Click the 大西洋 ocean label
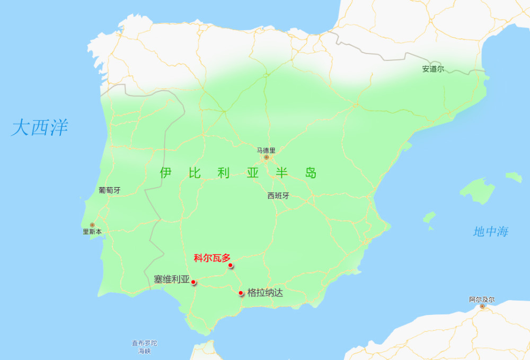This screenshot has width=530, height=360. click(40, 128)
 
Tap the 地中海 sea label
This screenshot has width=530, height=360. click(491, 231)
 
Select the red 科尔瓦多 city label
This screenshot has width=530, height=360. click(213, 258)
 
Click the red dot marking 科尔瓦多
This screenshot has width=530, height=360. click(231, 265)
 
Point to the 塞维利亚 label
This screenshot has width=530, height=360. click(171, 279)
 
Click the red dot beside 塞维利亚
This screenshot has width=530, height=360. click(193, 282)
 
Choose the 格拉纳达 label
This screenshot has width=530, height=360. click(265, 292)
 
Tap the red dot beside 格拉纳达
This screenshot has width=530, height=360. click(241, 293)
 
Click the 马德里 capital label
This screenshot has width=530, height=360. click(267, 150)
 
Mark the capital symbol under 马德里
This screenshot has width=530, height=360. click(267, 157)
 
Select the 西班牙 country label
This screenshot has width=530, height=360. click(278, 196)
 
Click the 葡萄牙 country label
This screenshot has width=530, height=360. click(109, 190)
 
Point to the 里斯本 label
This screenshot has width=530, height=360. click(92, 232)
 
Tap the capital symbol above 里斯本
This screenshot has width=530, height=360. click(92, 225)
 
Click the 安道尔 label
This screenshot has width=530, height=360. click(433, 69)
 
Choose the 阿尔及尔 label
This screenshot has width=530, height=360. click(482, 300)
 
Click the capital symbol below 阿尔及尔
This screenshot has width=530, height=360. click(482, 306)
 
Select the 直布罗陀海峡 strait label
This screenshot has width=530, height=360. click(145, 347)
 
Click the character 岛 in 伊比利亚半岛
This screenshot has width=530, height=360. click(311, 173)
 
